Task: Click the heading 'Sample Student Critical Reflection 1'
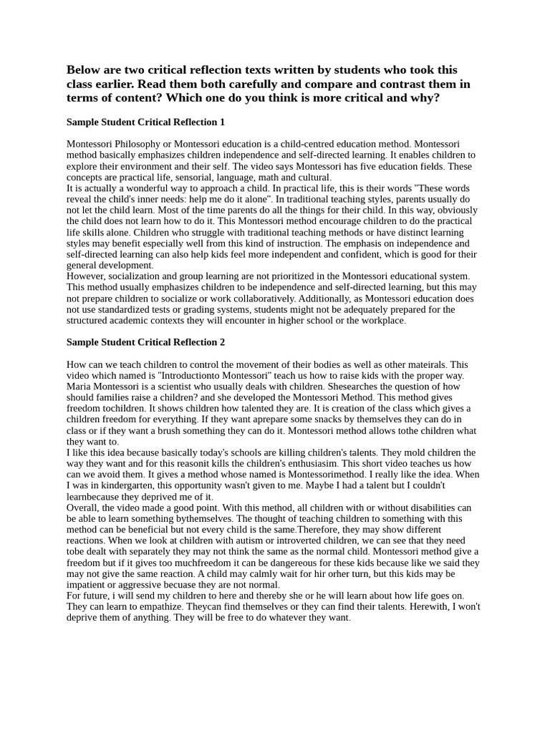click(x=145, y=122)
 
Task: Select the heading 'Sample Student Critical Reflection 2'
click(x=145, y=342)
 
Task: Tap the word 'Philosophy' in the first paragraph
click(x=139, y=144)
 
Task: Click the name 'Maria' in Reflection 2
click(x=79, y=387)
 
